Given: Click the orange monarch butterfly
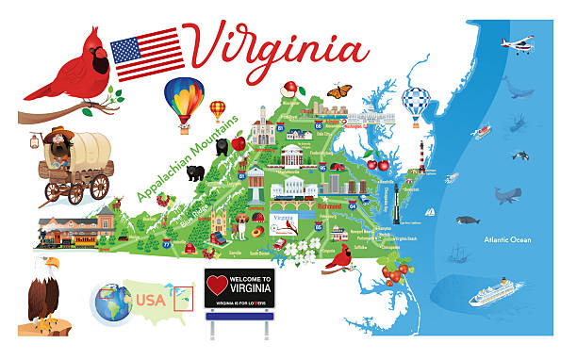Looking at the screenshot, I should point(339,91).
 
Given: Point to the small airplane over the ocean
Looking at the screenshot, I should point(517,44).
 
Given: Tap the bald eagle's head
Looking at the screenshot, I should point(48,269).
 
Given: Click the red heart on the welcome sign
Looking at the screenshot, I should point(216,282).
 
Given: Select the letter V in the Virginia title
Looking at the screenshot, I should point(208,48).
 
